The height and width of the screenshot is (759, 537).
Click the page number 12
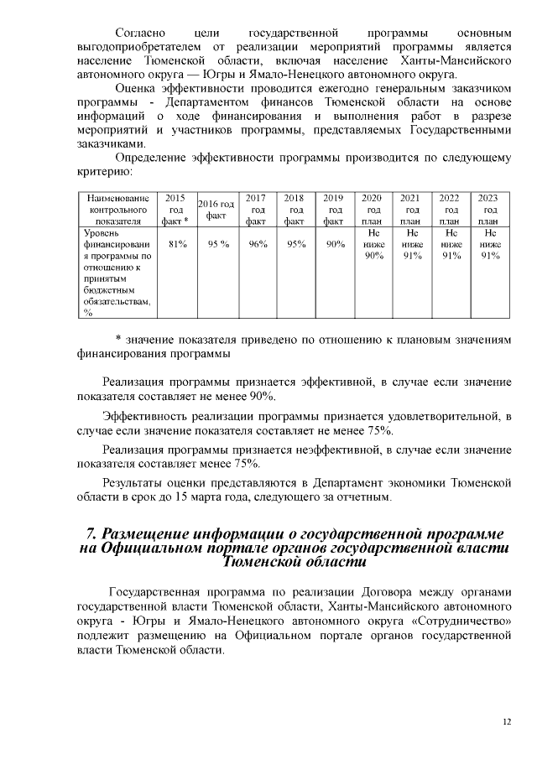point(506,720)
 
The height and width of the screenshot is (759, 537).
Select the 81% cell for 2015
point(177,244)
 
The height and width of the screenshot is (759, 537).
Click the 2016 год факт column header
point(216,209)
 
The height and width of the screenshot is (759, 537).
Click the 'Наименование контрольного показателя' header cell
point(117,209)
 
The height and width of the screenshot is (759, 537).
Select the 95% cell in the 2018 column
point(295,244)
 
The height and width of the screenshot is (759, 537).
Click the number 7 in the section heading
point(91,534)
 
